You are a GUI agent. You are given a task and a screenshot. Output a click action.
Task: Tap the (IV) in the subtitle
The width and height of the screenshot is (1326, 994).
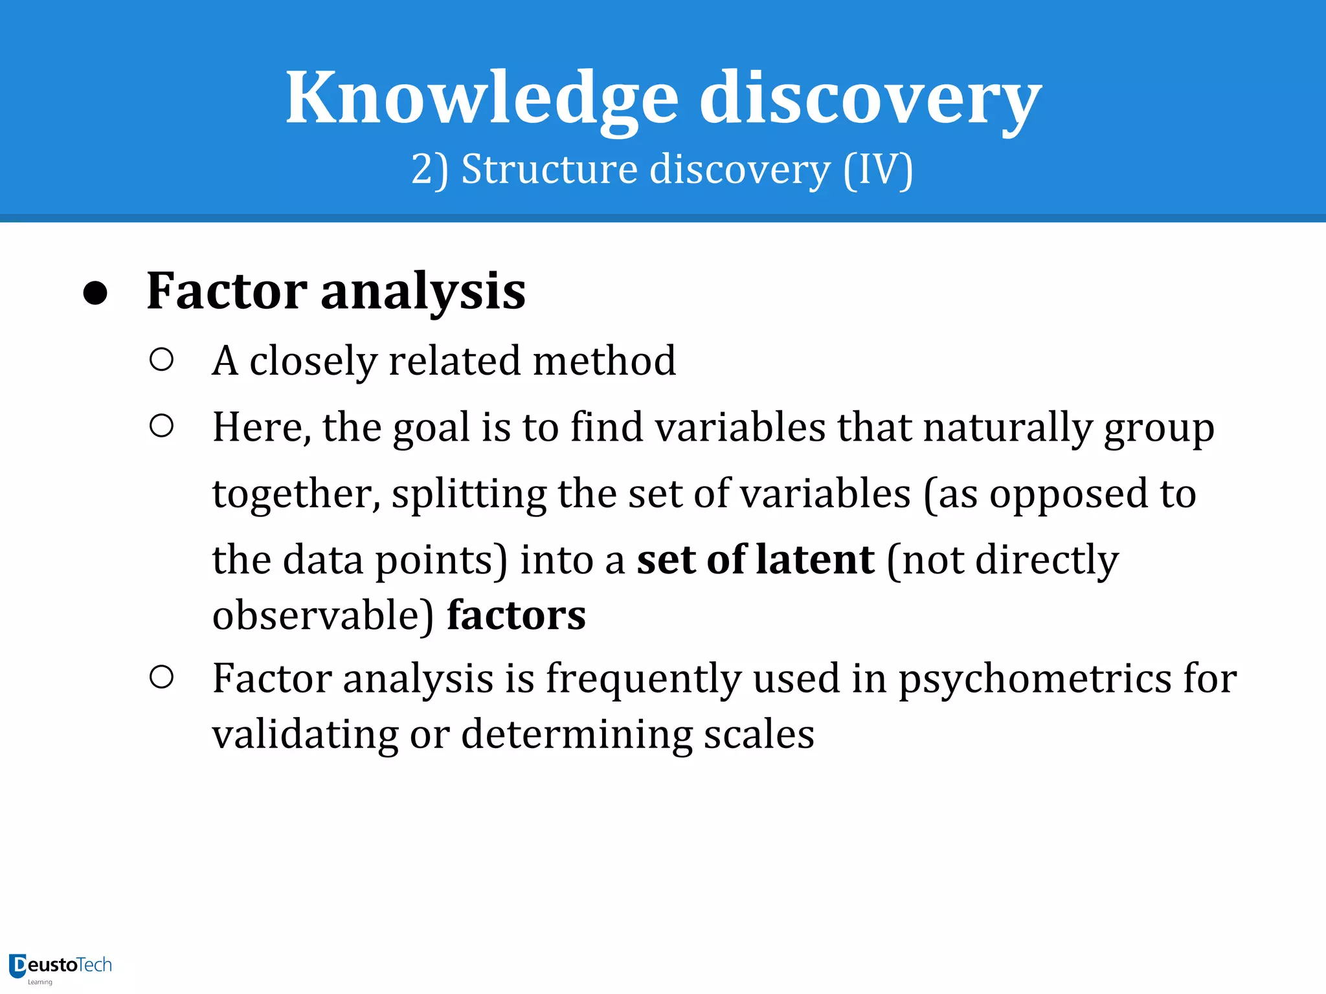(879, 170)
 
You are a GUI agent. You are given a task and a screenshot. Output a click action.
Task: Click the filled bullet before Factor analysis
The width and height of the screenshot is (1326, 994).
(95, 293)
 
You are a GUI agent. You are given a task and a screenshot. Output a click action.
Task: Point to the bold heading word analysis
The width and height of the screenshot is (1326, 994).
(423, 291)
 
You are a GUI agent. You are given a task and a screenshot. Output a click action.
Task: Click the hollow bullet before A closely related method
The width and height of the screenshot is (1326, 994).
(161, 360)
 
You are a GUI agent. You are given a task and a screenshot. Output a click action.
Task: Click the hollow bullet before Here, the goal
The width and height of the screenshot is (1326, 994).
(161, 426)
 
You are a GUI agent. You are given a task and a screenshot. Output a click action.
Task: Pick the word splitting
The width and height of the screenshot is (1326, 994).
(469, 494)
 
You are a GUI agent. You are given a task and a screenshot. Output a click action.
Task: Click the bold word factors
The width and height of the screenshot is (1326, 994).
(516, 615)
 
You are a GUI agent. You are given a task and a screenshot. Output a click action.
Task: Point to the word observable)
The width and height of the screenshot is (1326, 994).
(323, 615)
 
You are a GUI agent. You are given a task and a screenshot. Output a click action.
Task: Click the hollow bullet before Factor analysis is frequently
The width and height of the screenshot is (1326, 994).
(161, 678)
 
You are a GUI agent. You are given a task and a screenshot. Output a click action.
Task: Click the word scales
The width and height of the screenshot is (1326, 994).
(759, 734)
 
